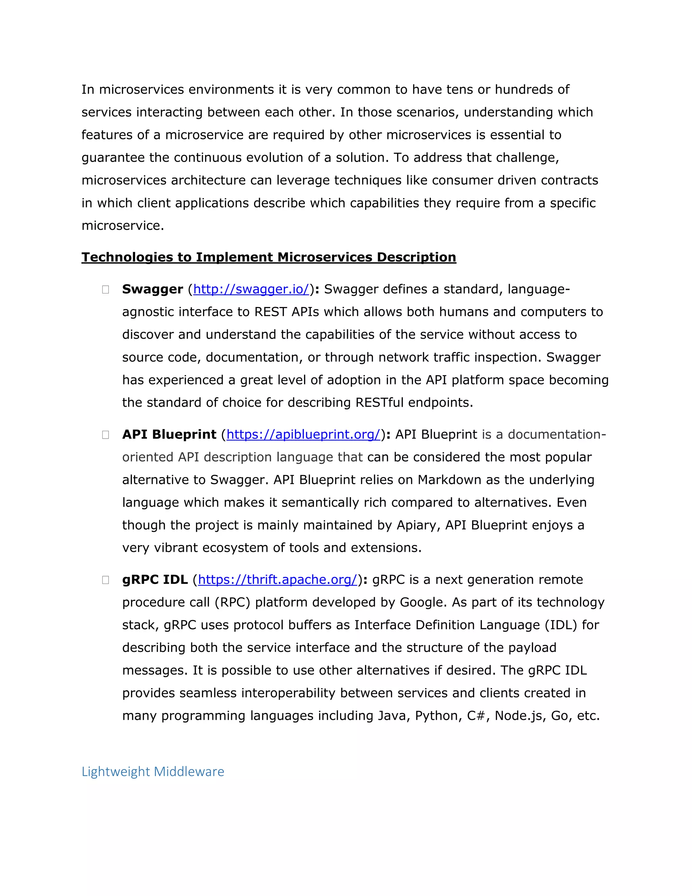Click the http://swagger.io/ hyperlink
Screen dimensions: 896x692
click(251, 290)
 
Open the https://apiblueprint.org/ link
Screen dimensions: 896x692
click(303, 435)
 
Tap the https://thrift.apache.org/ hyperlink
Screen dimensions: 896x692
click(277, 580)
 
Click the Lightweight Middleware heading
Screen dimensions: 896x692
click(153, 772)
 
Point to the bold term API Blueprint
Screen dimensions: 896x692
click(169, 435)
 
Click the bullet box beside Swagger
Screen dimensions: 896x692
click(105, 290)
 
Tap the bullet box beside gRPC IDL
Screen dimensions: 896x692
click(105, 580)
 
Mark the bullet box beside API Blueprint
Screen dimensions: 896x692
click(105, 435)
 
